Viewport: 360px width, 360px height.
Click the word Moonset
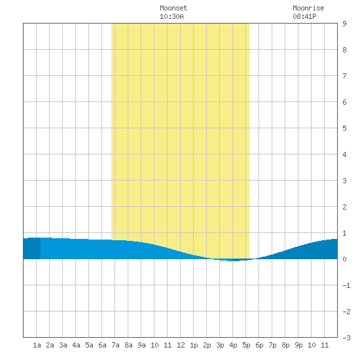pyautogui.click(x=173, y=8)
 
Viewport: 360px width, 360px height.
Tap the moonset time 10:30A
pyautogui.click(x=171, y=16)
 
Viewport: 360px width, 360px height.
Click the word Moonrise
pyautogui.click(x=308, y=8)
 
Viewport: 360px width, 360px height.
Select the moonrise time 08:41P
pyautogui.click(x=304, y=16)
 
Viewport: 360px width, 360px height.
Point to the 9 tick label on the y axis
pyautogui.click(x=344, y=24)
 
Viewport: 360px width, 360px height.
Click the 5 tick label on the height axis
pyautogui.click(x=344, y=128)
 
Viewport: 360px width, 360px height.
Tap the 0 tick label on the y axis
pyautogui.click(x=344, y=259)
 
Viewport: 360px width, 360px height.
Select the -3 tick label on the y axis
pyautogui.click(x=346, y=338)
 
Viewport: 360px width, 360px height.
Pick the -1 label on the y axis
pyautogui.click(x=346, y=285)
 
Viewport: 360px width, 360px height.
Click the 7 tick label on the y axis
pyautogui.click(x=344, y=76)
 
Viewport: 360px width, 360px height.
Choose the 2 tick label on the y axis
pyautogui.click(x=344, y=207)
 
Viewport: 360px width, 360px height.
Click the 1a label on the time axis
pyautogui.click(x=37, y=345)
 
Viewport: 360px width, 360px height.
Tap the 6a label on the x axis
pyautogui.click(x=102, y=345)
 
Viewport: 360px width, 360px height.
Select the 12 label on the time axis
pyautogui.click(x=181, y=345)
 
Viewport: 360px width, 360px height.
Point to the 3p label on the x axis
pyautogui.click(x=220, y=345)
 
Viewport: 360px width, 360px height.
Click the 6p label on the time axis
pyautogui.click(x=259, y=345)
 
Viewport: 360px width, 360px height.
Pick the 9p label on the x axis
pyautogui.click(x=298, y=345)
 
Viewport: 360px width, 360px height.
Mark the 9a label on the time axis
pyautogui.click(x=141, y=345)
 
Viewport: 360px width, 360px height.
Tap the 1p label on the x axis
pyautogui.click(x=194, y=345)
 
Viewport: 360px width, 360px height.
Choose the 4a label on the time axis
pyautogui.click(x=76, y=345)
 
